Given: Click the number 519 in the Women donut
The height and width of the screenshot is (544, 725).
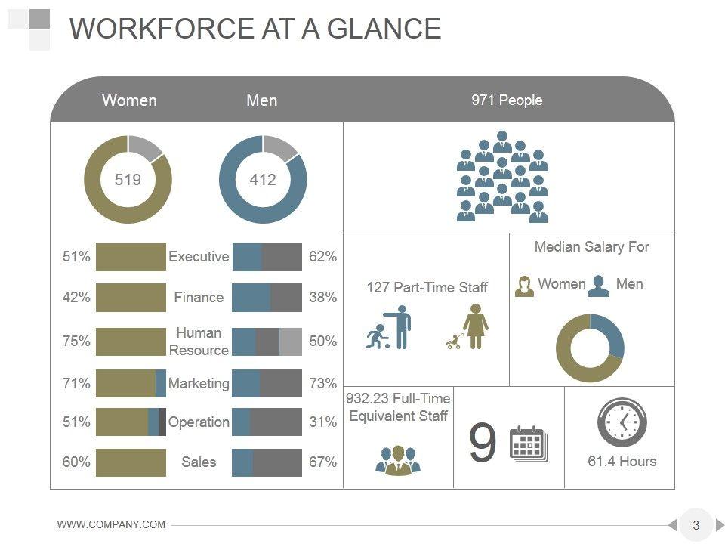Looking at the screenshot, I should pyautogui.click(x=128, y=180).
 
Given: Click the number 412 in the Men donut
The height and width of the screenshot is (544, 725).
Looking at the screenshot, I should pyautogui.click(x=263, y=180).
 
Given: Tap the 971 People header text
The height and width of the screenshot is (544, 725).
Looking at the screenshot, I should pyautogui.click(x=507, y=100).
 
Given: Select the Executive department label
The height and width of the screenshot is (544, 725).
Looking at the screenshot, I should pyautogui.click(x=199, y=257).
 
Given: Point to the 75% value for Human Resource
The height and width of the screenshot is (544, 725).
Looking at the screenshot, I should pyautogui.click(x=76, y=342).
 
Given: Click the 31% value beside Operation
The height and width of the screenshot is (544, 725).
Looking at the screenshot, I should pyautogui.click(x=322, y=422).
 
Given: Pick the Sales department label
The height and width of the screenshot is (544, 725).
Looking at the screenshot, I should pyautogui.click(x=199, y=462).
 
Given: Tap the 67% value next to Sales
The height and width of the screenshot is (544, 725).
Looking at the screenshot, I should pyautogui.click(x=322, y=462).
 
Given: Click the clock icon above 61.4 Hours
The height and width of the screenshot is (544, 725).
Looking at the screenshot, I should pyautogui.click(x=622, y=423).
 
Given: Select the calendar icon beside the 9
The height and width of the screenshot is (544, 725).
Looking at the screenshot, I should pyautogui.click(x=529, y=444).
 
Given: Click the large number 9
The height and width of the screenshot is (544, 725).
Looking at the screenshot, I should pyautogui.click(x=483, y=444).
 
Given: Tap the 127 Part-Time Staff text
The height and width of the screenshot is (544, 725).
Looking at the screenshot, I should pyautogui.click(x=427, y=287).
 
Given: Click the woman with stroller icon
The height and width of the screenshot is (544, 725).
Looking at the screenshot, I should pyautogui.click(x=467, y=327).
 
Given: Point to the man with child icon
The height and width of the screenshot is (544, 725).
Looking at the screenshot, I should pyautogui.click(x=388, y=327).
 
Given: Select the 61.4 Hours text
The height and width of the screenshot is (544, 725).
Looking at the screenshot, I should pyautogui.click(x=622, y=461).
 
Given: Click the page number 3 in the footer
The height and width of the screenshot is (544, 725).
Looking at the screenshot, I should pyautogui.click(x=696, y=525).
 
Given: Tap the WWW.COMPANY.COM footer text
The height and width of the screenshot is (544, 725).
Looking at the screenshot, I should pyautogui.click(x=112, y=525).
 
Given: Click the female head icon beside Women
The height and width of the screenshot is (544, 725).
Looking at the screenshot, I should pyautogui.click(x=524, y=286).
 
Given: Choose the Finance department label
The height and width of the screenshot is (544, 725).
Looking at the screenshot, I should pyautogui.click(x=199, y=297).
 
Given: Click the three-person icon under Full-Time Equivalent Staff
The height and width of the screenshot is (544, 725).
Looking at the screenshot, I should pyautogui.click(x=397, y=459).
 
